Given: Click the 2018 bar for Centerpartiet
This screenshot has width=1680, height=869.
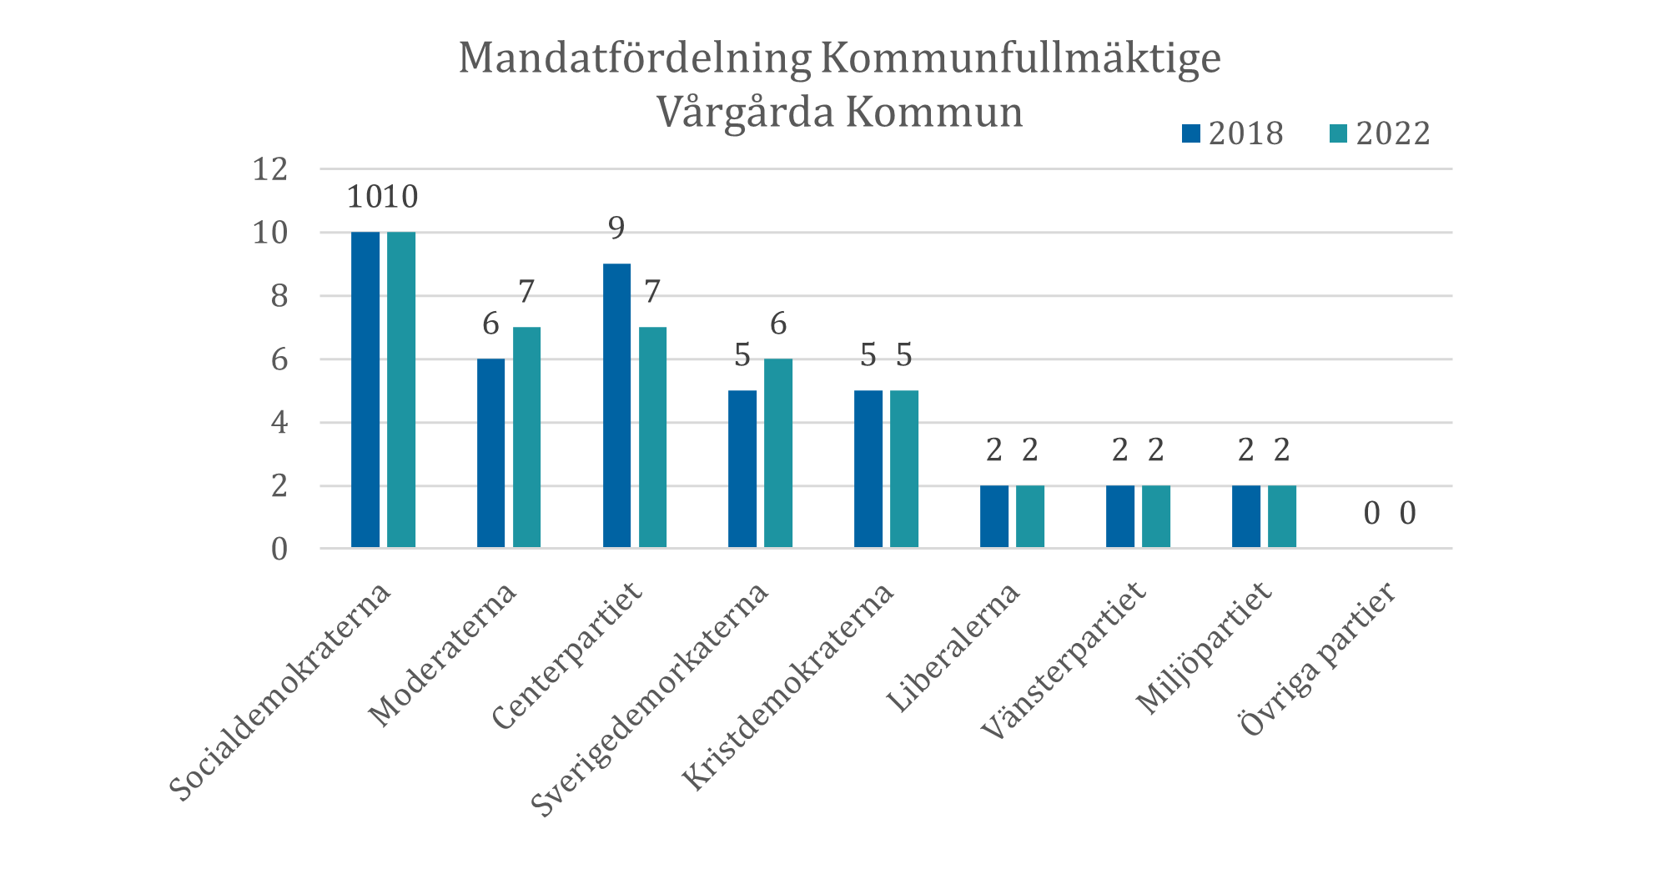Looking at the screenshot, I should pyautogui.click(x=616, y=405).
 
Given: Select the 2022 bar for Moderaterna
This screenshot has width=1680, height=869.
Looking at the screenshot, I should pyautogui.click(x=526, y=437).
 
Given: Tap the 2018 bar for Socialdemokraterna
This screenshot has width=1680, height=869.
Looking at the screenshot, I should pyautogui.click(x=365, y=389).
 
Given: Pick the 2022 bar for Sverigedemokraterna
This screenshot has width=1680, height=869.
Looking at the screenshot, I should pyautogui.click(x=778, y=453).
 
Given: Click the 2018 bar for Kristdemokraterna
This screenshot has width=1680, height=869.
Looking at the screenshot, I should pyautogui.click(x=868, y=469).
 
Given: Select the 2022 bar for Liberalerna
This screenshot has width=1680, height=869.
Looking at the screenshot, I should pyautogui.click(x=1030, y=516).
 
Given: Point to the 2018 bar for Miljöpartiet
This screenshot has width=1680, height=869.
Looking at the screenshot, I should pyautogui.click(x=1246, y=516).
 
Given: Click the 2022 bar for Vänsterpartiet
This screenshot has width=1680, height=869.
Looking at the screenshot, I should pyautogui.click(x=1156, y=516).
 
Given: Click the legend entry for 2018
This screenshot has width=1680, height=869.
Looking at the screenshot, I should pyautogui.click(x=1233, y=133).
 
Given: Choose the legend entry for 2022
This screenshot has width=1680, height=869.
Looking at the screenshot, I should pyautogui.click(x=1380, y=133).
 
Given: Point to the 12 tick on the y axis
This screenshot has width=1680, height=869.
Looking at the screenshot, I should pyautogui.click(x=269, y=170).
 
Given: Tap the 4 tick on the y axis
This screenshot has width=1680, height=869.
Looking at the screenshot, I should pyautogui.click(x=279, y=423).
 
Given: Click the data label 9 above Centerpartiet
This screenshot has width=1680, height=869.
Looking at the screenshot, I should pyautogui.click(x=616, y=228).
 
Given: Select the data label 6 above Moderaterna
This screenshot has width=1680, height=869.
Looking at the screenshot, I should pyautogui.click(x=490, y=324).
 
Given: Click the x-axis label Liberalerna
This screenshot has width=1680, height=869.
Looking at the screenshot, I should pyautogui.click(x=953, y=648).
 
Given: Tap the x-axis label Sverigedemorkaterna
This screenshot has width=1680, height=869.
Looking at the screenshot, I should pyautogui.click(x=650, y=699).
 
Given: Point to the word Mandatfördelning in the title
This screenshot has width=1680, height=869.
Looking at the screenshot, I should pyautogui.click(x=634, y=59).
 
